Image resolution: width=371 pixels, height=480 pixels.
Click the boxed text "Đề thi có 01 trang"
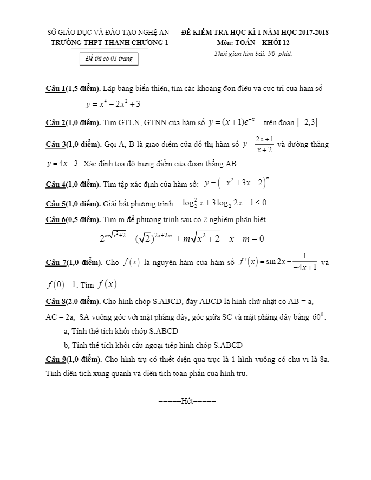[x=109, y=59]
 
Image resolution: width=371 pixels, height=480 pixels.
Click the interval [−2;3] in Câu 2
[x=307, y=122]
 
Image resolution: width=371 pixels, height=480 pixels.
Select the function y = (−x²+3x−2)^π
[x=236, y=183]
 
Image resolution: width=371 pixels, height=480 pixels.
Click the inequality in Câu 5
[x=224, y=203]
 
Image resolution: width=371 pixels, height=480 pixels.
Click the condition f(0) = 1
[x=62, y=284]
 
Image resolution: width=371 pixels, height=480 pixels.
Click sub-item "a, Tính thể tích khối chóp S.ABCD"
[x=121, y=331]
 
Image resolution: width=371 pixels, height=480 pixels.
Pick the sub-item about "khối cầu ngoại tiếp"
[x=153, y=345]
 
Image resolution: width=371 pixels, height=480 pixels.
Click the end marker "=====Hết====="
[x=187, y=401]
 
